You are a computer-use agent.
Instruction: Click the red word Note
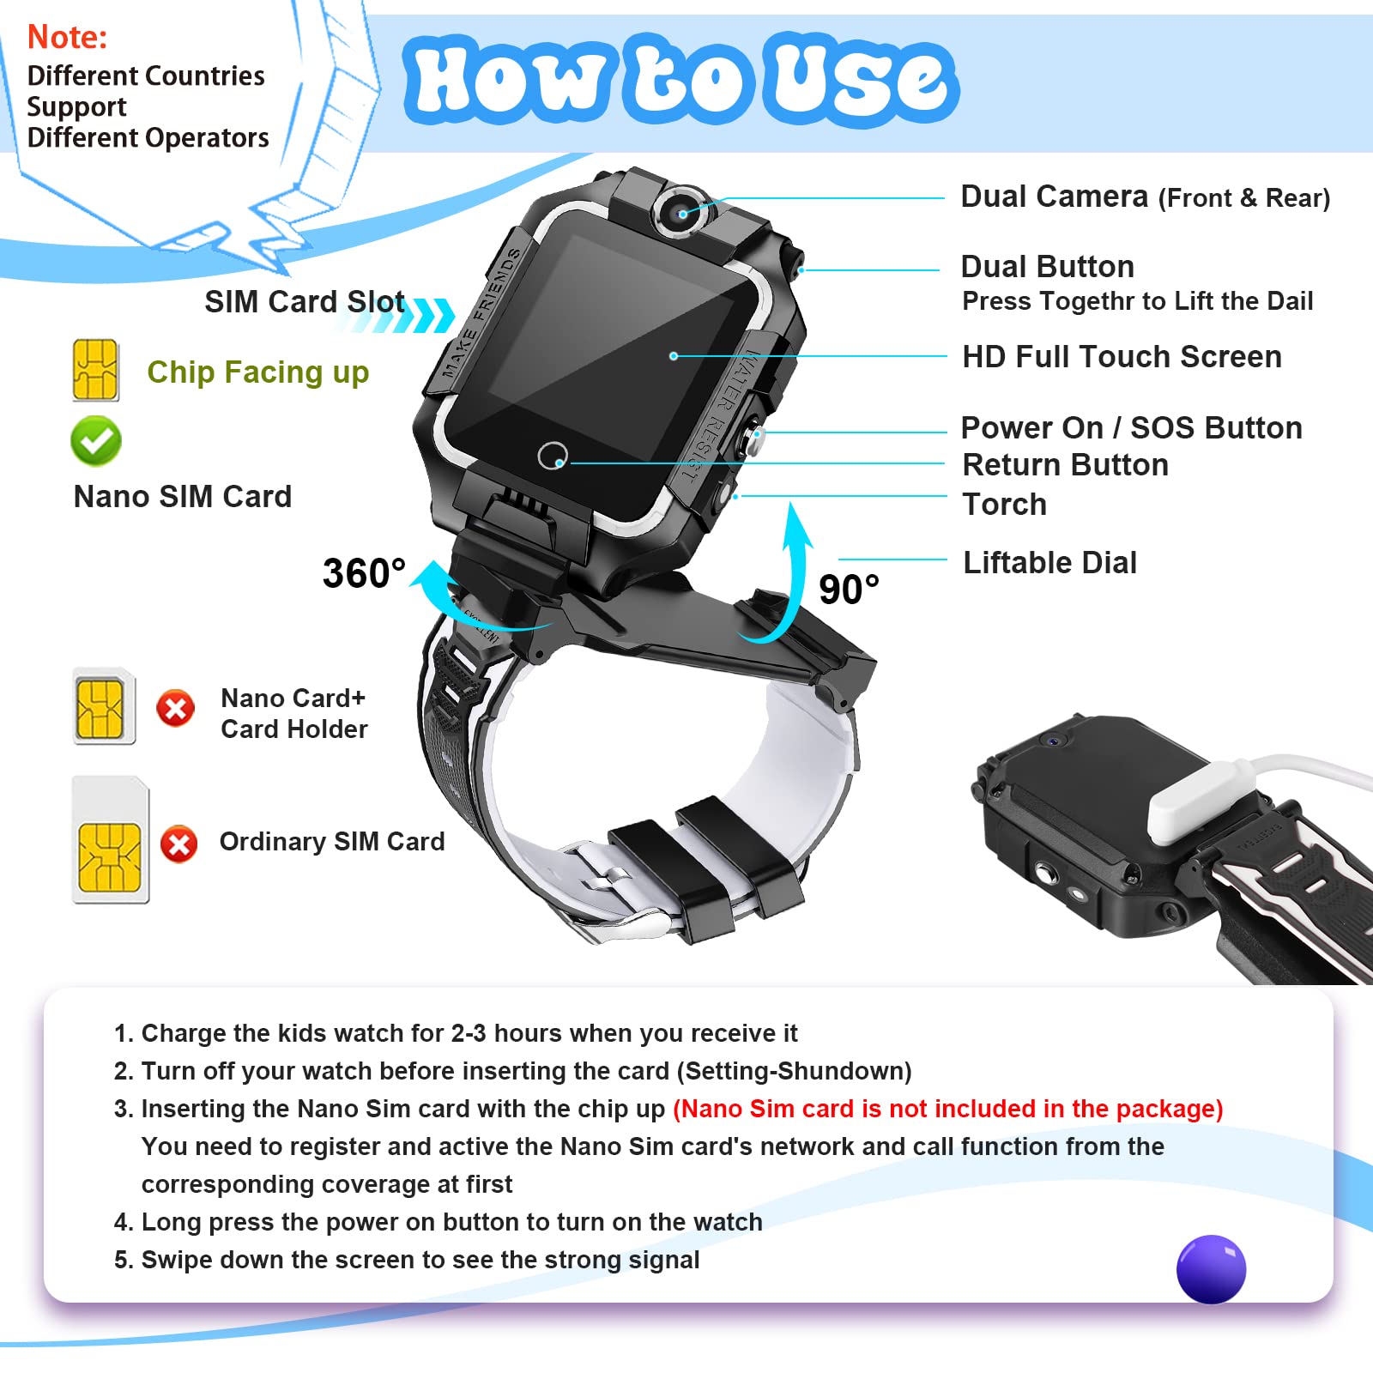pos(67,37)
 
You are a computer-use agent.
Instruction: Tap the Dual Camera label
pos(1145,197)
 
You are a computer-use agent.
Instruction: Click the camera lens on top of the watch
pos(683,212)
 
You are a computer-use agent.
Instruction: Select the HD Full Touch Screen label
pos(1122,356)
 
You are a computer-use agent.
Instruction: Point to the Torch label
pos(1004,505)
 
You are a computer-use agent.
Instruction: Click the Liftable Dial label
pos(1049,563)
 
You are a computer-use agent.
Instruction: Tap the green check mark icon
pos(96,441)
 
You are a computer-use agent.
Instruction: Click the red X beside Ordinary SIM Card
pos(178,844)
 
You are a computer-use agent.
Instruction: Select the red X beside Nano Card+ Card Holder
pos(175,709)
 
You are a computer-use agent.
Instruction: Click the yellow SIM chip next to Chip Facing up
pos(95,370)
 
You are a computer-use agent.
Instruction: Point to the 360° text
pos(364,573)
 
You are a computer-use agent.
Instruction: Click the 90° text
pos(849,590)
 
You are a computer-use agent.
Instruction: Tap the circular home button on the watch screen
pos(553,455)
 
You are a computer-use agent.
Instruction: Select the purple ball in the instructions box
pos(1211,1269)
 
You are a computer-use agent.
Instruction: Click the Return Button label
pos(1065,465)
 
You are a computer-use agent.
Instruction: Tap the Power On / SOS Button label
pos(1131,427)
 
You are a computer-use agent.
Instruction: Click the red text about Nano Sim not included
pos(948,1109)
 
